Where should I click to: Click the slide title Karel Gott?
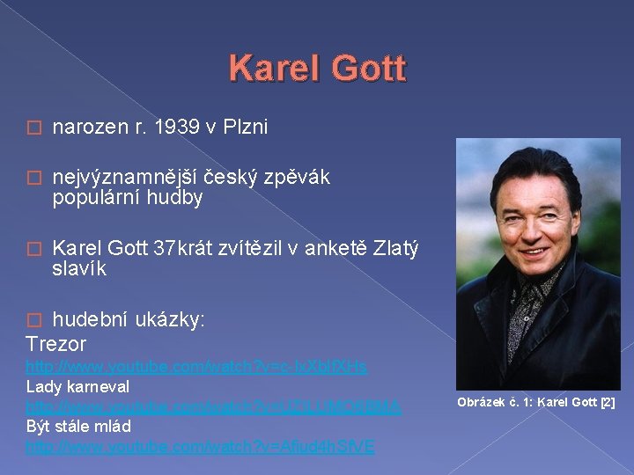pyautogui.click(x=317, y=69)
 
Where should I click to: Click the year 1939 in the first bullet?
pyautogui.click(x=177, y=128)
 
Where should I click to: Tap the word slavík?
pyautogui.click(x=79, y=269)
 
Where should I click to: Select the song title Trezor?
pyautogui.click(x=56, y=343)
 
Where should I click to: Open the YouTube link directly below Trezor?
pyautogui.click(x=196, y=365)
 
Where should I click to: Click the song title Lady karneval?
pyautogui.click(x=77, y=385)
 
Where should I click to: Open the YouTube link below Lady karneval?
pyautogui.click(x=213, y=406)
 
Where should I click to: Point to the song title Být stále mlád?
pyautogui.click(x=78, y=426)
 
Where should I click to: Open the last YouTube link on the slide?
pyautogui.click(x=200, y=446)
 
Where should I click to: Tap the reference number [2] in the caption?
pyautogui.click(x=607, y=403)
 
